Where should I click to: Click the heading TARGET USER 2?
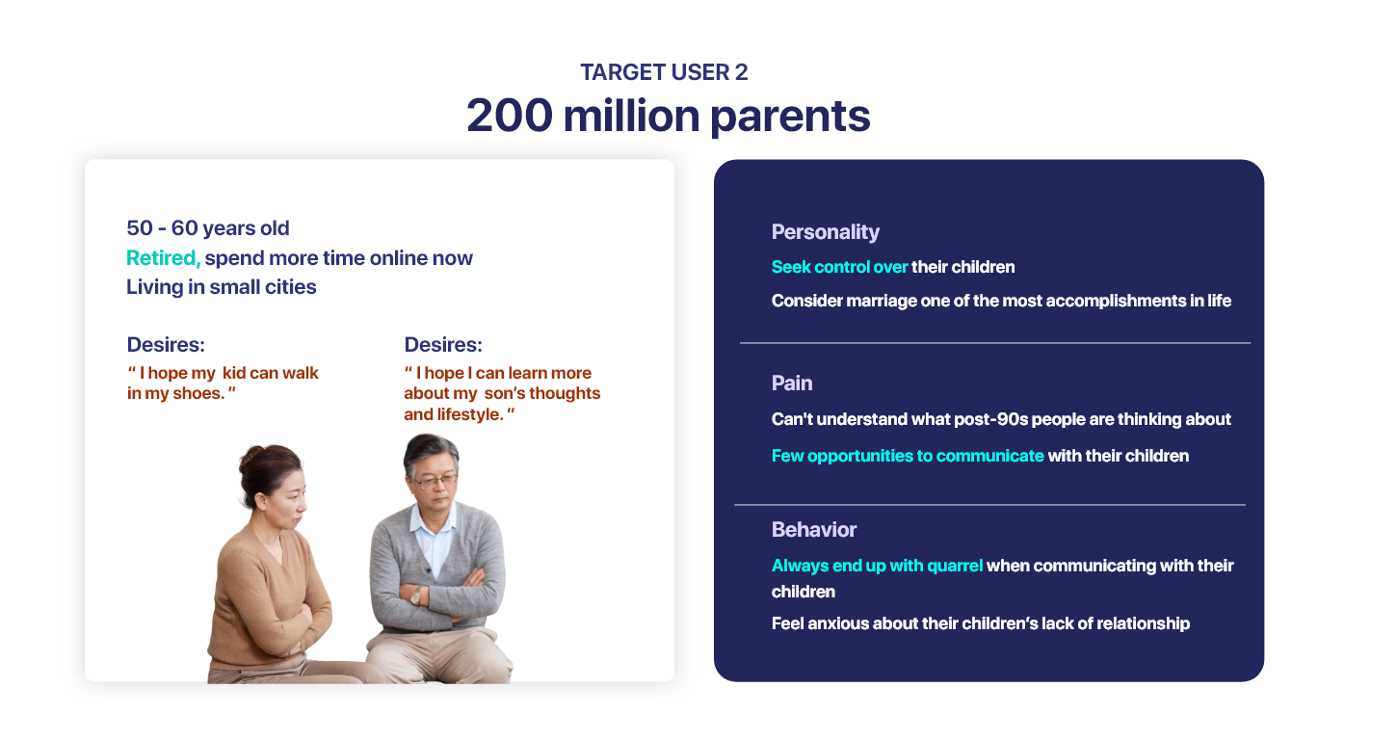pos(664,72)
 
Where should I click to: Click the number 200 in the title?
pos(510,116)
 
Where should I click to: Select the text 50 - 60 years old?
pos(208,228)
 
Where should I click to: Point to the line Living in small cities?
pos(222,287)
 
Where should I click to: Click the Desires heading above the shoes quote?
pos(166,344)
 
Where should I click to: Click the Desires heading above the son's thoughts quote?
pos(443,344)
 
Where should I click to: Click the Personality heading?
pos(825,232)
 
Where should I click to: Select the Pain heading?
pos(792,383)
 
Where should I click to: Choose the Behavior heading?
pos(814,530)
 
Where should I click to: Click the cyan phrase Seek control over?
pos(839,267)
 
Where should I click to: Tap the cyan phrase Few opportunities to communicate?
pos(908,456)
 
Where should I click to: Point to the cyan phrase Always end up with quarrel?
pos(877,566)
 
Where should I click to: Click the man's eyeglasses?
pos(435,481)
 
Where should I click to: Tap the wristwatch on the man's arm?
pos(415,596)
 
